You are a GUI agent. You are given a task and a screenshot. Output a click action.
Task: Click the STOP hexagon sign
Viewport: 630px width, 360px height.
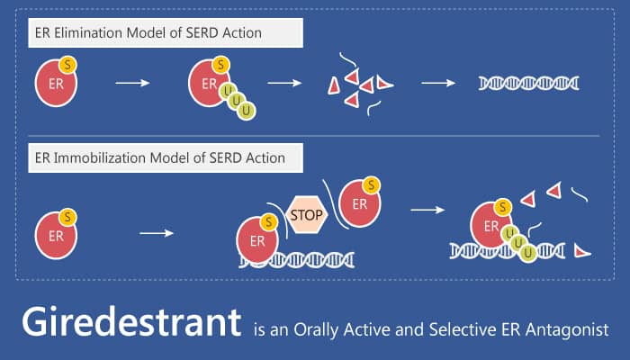(307, 215)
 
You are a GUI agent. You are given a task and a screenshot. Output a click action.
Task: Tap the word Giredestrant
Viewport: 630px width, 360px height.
(131, 322)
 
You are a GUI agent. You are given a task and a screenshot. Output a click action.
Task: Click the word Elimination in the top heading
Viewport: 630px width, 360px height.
(91, 33)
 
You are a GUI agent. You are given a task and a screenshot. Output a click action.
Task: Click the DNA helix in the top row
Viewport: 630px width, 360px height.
(529, 83)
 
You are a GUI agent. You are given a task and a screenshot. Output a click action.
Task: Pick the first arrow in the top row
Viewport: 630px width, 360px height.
(132, 83)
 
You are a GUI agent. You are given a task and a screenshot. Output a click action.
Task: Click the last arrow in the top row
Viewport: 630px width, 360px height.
(438, 83)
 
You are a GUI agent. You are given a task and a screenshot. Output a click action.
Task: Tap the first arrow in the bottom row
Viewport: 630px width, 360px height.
(157, 233)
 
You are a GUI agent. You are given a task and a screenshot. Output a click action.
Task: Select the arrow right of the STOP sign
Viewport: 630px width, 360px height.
(427, 210)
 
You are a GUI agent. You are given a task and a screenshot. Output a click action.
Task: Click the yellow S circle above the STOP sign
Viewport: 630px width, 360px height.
(371, 185)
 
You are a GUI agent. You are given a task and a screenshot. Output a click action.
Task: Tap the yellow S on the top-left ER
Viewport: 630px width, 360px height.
(67, 65)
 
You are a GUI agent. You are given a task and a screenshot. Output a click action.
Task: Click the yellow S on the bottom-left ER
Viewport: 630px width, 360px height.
(67, 218)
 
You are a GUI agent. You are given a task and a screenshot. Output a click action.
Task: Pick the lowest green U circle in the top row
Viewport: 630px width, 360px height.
(247, 111)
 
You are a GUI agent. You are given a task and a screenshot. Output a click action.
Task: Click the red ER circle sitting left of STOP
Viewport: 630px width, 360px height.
(257, 240)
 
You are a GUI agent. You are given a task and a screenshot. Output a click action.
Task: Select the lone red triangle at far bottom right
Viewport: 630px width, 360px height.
(581, 251)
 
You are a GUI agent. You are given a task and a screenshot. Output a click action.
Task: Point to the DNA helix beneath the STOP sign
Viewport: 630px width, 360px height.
(296, 260)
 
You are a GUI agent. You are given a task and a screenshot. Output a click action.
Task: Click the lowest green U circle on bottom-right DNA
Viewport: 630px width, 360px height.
(527, 253)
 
